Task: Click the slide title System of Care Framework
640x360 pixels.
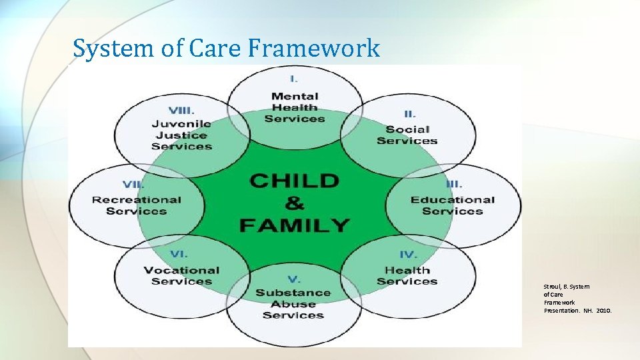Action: (x=226, y=48)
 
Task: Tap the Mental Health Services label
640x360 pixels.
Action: (x=295, y=107)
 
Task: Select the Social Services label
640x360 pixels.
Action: (x=407, y=135)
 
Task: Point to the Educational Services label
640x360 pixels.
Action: (x=452, y=205)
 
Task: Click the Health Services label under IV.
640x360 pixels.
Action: (x=407, y=275)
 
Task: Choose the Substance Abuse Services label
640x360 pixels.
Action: (x=293, y=303)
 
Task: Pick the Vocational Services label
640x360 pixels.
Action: (x=181, y=275)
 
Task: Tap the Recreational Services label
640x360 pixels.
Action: (x=137, y=205)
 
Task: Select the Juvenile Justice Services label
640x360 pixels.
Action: (x=181, y=135)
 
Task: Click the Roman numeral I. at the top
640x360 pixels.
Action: (x=294, y=79)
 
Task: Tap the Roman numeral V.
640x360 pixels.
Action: (x=293, y=279)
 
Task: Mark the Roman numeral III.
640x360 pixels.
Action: (x=454, y=185)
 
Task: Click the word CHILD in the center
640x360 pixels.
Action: (x=294, y=181)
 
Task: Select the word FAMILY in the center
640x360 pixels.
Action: (x=294, y=225)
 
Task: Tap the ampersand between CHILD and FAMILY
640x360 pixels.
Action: (x=294, y=203)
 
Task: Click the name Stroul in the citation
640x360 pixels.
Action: (x=553, y=287)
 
